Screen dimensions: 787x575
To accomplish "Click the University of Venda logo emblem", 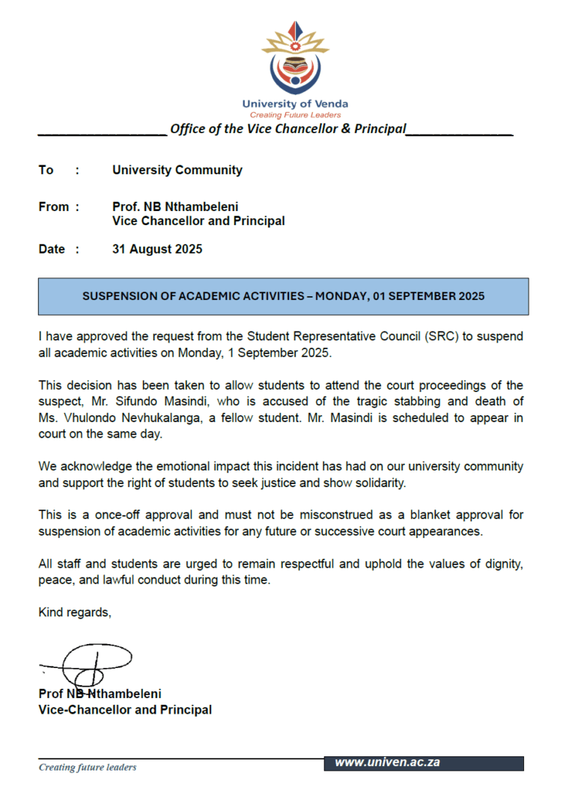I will pyautogui.click(x=294, y=60).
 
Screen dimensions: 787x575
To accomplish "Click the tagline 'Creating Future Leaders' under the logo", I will pyautogui.click(x=295, y=115).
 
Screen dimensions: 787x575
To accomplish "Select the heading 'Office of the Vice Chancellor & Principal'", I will pyautogui.click(x=288, y=129).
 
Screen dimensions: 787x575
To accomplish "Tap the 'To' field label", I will pyautogui.click(x=46, y=171).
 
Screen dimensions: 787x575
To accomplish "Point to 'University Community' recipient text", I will pyautogui.click(x=177, y=171).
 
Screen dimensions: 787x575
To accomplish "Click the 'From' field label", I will pyautogui.click(x=54, y=206).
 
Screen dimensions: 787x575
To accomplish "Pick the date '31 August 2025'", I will pyautogui.click(x=157, y=249).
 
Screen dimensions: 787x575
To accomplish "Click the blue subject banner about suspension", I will pyautogui.click(x=283, y=296).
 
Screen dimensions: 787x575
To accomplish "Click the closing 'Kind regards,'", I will pyautogui.click(x=75, y=613).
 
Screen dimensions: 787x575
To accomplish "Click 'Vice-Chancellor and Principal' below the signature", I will pyautogui.click(x=125, y=710).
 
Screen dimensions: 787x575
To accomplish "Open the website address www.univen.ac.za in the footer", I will pyautogui.click(x=387, y=762).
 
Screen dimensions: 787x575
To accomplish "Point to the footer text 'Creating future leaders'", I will pyautogui.click(x=88, y=767).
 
